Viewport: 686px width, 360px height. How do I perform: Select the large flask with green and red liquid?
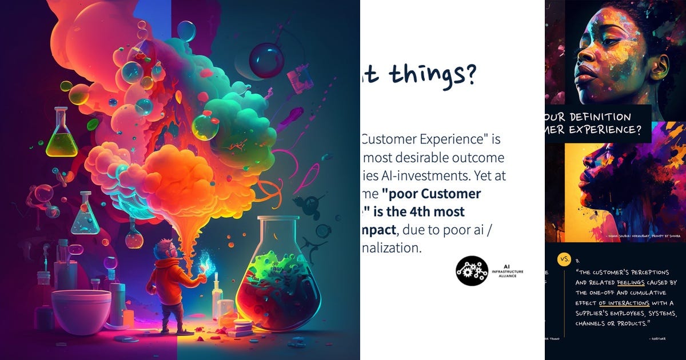point(278,280)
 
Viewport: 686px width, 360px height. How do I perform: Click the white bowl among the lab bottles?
point(82,311)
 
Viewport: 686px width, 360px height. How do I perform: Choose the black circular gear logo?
point(472,270)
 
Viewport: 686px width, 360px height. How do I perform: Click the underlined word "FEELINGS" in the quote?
point(631,282)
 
